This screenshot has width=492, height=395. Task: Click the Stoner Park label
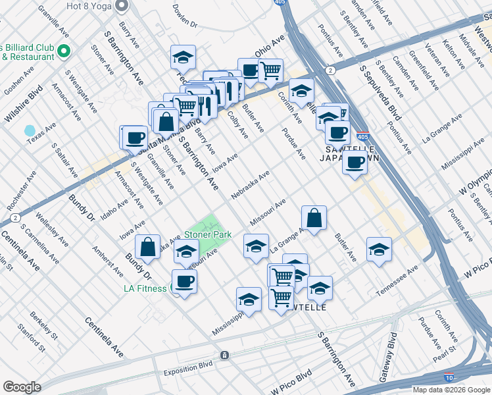207,234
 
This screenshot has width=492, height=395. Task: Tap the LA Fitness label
147,288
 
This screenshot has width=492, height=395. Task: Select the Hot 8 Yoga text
87,6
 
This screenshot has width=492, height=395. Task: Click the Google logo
22,386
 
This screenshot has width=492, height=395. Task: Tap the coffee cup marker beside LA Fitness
185,281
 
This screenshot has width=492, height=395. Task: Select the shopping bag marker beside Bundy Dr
149,248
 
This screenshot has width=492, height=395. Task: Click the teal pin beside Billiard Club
64,50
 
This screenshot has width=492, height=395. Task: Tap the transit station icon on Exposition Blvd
225,355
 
